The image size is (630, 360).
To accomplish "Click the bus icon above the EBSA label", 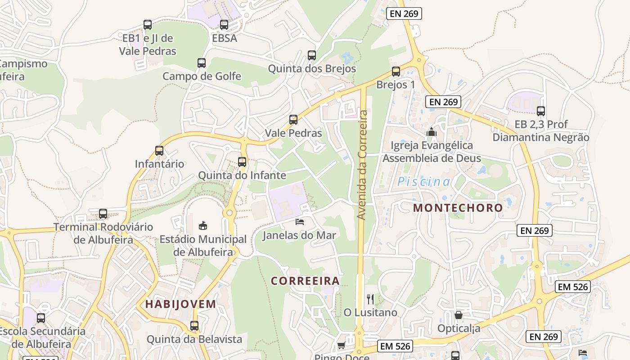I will (x=224, y=25).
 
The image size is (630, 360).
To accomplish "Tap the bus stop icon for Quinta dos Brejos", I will (x=312, y=55).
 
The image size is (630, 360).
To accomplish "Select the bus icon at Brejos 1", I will (x=396, y=72).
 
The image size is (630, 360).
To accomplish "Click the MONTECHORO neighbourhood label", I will (x=458, y=207).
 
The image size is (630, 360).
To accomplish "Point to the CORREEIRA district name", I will (x=305, y=281).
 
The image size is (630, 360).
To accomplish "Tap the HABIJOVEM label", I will (x=180, y=304).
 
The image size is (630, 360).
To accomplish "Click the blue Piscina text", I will (x=423, y=181).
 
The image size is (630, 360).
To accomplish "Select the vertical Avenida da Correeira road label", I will (x=363, y=165).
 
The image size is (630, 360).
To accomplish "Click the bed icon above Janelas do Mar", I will (x=300, y=221).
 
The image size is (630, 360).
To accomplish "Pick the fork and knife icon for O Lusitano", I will (x=370, y=299).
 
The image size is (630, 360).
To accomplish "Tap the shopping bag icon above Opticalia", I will (x=459, y=315).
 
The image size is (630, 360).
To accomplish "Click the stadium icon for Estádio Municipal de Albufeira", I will (x=203, y=225).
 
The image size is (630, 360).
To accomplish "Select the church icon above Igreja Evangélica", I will (x=432, y=132).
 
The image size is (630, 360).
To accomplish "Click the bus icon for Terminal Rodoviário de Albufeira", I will (x=103, y=214).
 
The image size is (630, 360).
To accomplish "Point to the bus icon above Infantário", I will (x=159, y=151).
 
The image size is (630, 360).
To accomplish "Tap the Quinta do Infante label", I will (x=242, y=175).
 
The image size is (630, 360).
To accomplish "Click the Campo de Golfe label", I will (x=202, y=76).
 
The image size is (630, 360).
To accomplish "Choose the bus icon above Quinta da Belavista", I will (x=194, y=325).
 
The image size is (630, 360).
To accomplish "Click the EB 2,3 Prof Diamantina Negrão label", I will (x=541, y=130).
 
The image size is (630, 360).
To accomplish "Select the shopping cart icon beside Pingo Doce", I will (x=341, y=346).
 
